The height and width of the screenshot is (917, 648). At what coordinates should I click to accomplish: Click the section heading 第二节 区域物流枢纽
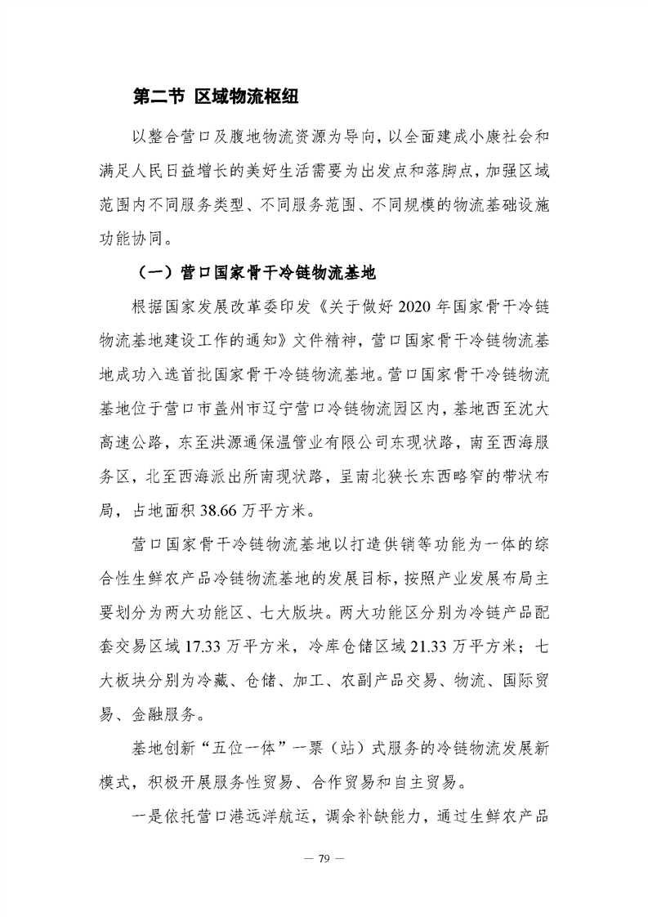tap(215, 97)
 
